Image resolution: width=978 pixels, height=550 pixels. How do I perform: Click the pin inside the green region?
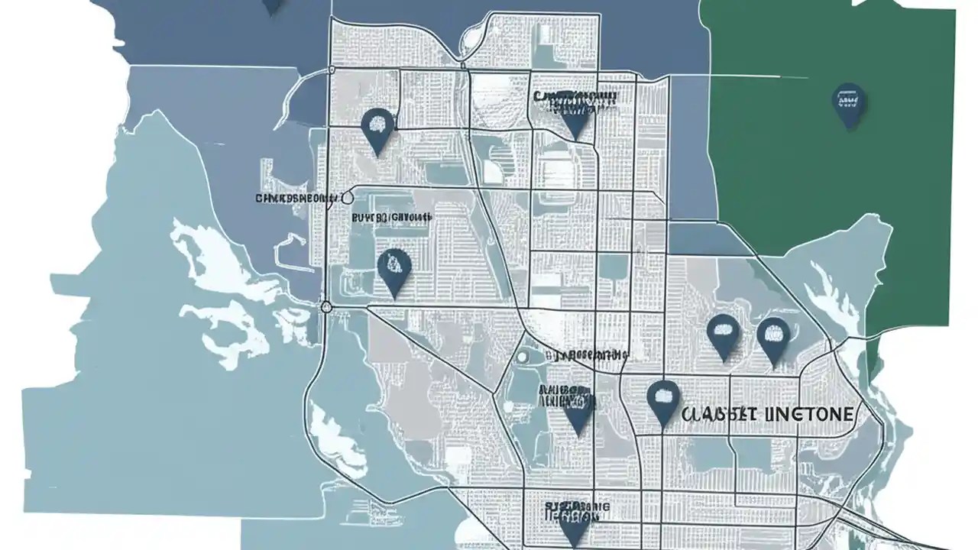point(849,104)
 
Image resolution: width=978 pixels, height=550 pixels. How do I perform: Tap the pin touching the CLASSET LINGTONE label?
point(663,400)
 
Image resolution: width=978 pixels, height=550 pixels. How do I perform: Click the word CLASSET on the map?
point(717,415)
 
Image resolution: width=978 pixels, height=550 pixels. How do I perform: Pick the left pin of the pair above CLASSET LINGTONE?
point(723,335)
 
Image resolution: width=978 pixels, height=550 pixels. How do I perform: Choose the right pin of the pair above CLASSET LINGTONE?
point(773,338)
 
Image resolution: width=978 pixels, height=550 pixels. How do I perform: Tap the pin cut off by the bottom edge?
point(574,527)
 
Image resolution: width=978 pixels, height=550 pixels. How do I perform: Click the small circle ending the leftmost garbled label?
point(348,197)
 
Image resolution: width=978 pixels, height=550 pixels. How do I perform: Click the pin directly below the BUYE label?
point(394,270)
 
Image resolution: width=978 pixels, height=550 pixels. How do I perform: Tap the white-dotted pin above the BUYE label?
point(377,128)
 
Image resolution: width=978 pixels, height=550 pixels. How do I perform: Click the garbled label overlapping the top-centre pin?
point(575,99)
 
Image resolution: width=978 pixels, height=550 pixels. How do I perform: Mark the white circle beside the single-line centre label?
point(523,356)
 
